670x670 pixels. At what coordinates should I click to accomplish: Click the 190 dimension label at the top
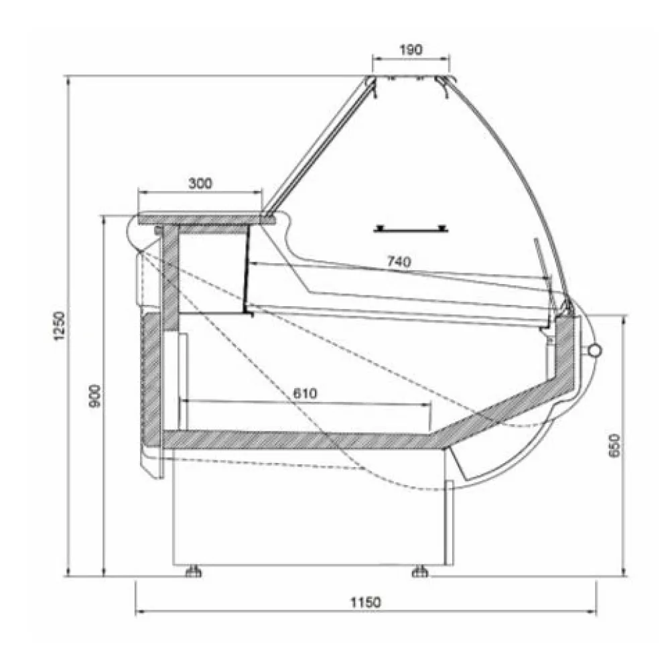[411, 50]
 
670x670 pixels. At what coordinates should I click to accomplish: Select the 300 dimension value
[200, 184]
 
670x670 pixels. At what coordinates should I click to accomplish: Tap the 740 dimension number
[399, 261]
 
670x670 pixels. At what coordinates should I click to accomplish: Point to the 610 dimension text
[305, 393]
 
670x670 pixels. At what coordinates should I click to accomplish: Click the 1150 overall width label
[366, 602]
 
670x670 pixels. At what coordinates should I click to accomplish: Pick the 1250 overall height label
[60, 326]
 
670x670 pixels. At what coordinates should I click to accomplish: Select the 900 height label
[95, 396]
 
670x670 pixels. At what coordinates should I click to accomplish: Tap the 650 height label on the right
[614, 446]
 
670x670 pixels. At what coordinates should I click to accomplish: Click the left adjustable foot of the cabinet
[194, 571]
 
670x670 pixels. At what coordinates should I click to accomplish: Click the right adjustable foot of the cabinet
[420, 571]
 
